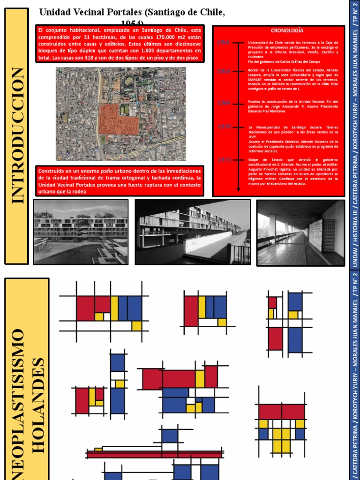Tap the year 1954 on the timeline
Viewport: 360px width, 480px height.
click(224, 43)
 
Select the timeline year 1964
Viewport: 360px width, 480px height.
click(224, 102)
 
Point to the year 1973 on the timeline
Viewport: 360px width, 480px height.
click(224, 160)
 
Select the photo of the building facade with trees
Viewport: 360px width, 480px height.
click(81, 232)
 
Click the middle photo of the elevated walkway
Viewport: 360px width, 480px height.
click(192, 232)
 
